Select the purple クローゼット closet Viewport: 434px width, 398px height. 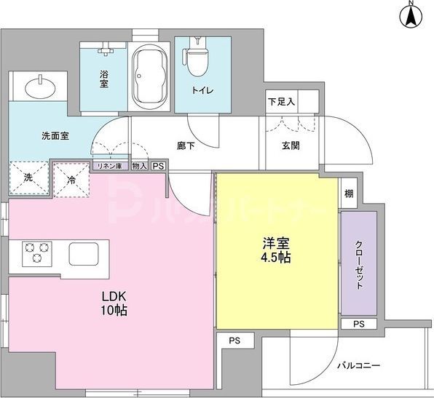tap(359, 263)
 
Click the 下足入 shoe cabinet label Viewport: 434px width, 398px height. tap(281, 103)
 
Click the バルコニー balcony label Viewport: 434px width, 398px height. tap(357, 366)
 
